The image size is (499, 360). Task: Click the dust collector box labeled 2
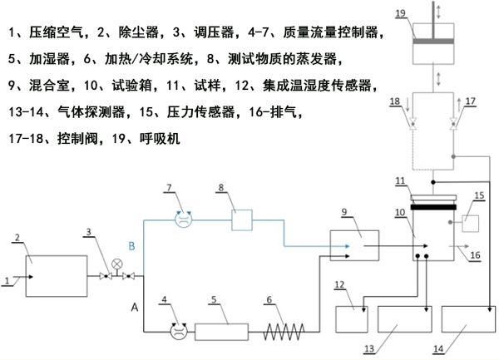tap(56, 275)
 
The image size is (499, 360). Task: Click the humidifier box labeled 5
tap(223, 332)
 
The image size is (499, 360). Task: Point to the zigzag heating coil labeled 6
tap(287, 332)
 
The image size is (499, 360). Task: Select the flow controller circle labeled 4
tap(177, 331)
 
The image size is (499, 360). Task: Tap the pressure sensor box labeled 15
tap(467, 223)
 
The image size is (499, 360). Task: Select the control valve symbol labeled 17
tap(452, 121)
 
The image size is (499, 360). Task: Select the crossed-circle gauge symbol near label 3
tap(117, 265)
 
